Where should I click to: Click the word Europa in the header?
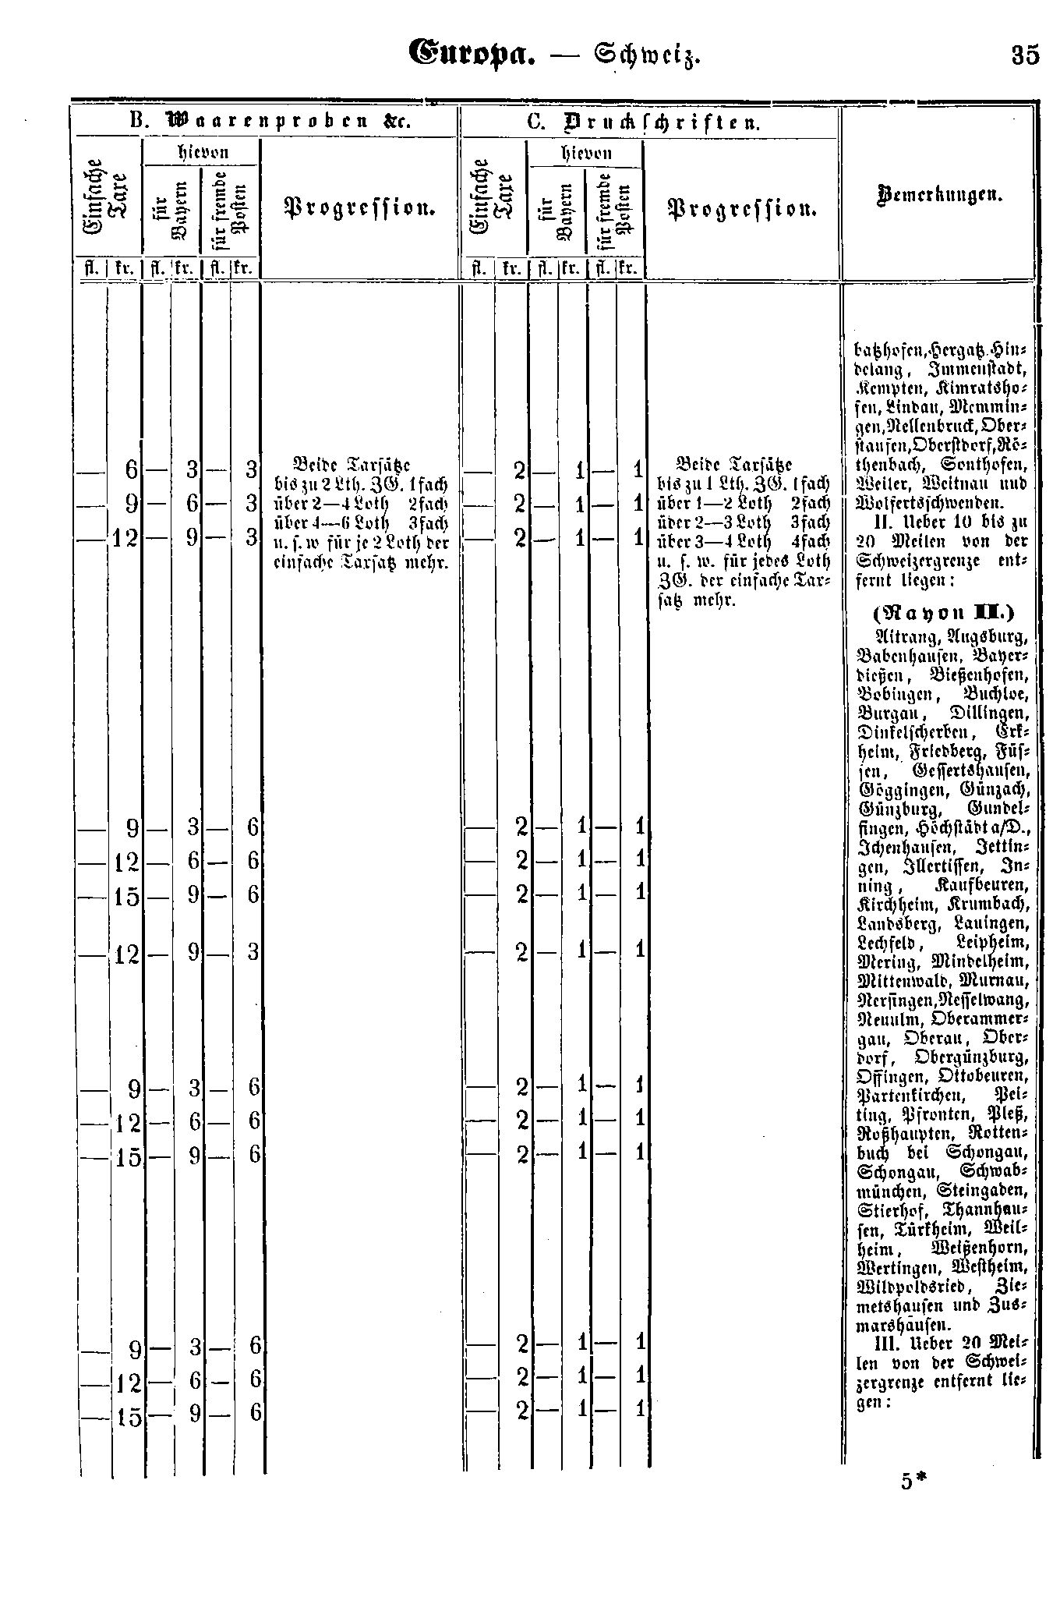(x=471, y=55)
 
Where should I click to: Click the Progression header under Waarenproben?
(x=358, y=208)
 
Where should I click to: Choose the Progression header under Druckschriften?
(x=741, y=208)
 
